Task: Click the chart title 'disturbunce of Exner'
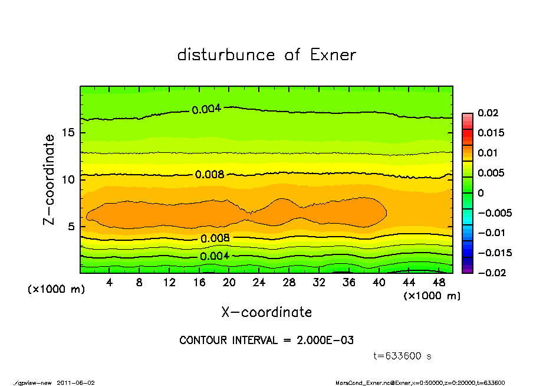266,55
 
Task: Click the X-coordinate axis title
266,312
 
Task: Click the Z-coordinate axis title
49,179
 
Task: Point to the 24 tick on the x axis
259,283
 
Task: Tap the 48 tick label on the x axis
438,283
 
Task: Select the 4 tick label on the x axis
110,283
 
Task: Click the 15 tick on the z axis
68,133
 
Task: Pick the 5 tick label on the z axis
71,227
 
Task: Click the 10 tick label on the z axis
68,179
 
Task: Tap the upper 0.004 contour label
206,109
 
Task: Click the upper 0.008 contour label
209,175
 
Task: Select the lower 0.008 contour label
215,238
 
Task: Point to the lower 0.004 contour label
215,256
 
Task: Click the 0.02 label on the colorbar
488,113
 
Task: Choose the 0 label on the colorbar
481,193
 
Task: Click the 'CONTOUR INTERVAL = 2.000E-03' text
266,341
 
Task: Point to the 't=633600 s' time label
403,356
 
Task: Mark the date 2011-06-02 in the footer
76,382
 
